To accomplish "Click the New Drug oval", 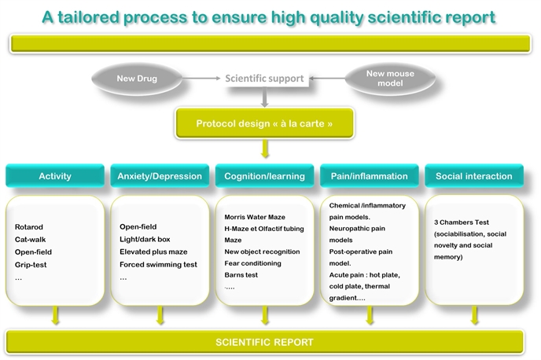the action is point(137,79).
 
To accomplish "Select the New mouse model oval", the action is point(390,79).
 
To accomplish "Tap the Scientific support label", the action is point(264,79).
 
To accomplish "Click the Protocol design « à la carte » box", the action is point(265,123).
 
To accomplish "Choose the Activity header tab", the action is point(55,176).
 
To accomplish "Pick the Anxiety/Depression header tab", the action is point(160,176).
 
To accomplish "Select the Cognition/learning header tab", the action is point(265,176).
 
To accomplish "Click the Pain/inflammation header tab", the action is point(369,176).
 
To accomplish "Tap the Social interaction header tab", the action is point(474,176).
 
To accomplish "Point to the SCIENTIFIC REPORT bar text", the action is point(265,342).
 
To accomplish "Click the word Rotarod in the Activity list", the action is point(29,227).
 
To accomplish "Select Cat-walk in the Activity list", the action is point(31,239).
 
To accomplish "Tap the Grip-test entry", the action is point(31,265).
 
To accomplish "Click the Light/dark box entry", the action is point(145,239).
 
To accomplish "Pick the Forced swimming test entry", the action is point(158,264).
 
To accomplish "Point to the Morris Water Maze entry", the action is point(255,217).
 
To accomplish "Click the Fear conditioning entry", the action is point(252,263).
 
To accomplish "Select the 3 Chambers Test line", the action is point(462,222).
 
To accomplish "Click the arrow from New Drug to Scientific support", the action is point(201,79).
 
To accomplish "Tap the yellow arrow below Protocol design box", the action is point(265,149).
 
